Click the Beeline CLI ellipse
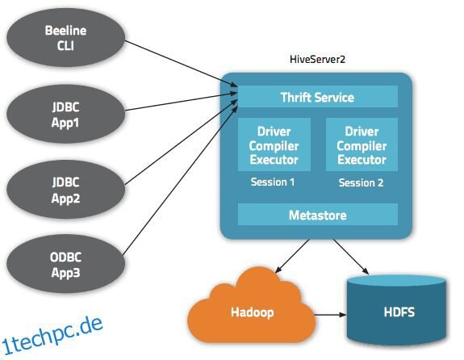click(65, 38)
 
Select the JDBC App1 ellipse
click(65, 114)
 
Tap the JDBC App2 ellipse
click(65, 190)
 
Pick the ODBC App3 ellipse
click(65, 264)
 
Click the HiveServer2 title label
click(317, 59)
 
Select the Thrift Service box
click(317, 97)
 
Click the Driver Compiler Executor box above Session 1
click(274, 144)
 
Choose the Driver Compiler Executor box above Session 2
click(362, 144)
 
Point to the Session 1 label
click(273, 182)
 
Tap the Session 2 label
click(361, 182)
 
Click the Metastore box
click(317, 215)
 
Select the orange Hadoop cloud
click(252, 307)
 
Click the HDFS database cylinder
click(396, 310)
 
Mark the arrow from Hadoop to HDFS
click(330, 315)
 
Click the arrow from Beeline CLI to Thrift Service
click(181, 64)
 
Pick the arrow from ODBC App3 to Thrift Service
click(180, 181)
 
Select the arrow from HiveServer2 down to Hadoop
click(292, 256)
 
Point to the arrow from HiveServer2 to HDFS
click(351, 257)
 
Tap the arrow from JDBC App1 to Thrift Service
click(182, 102)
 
